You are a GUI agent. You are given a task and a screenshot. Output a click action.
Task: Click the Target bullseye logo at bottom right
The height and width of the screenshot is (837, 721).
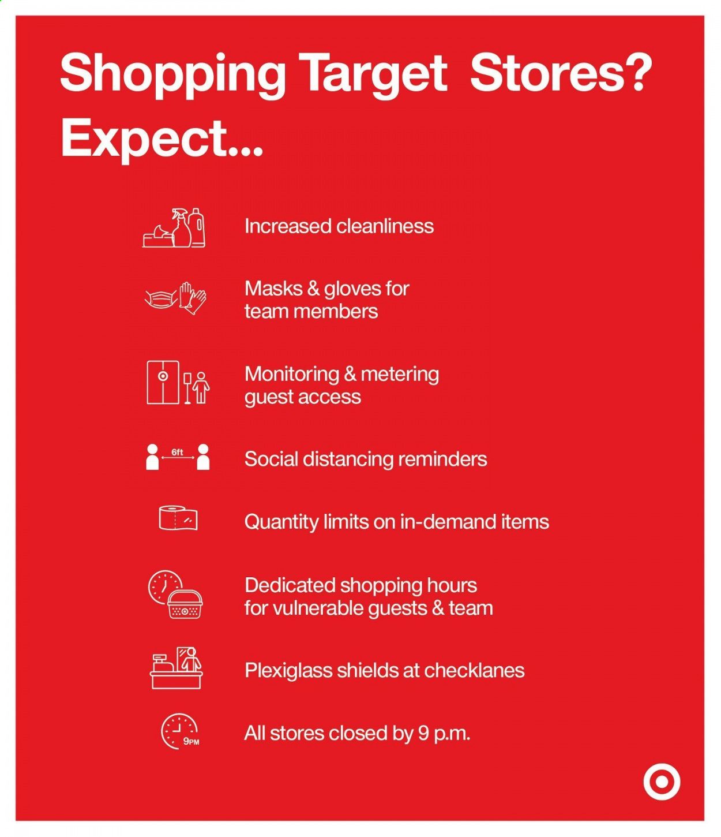click(662, 782)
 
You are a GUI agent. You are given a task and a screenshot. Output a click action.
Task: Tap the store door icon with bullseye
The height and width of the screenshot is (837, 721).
click(163, 382)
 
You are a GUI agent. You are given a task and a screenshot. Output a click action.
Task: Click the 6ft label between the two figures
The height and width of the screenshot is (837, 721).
click(177, 453)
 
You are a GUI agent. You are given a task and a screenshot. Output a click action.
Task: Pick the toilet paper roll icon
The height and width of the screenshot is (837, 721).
click(178, 518)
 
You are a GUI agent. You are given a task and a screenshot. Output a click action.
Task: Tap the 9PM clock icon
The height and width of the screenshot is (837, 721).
click(180, 733)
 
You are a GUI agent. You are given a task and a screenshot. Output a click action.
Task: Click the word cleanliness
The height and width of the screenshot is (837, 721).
click(385, 226)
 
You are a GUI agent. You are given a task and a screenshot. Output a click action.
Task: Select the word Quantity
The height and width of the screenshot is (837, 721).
click(282, 522)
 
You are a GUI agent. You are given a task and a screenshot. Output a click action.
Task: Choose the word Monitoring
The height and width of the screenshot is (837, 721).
click(292, 375)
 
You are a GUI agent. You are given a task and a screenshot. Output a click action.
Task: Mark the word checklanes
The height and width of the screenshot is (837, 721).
click(474, 671)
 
